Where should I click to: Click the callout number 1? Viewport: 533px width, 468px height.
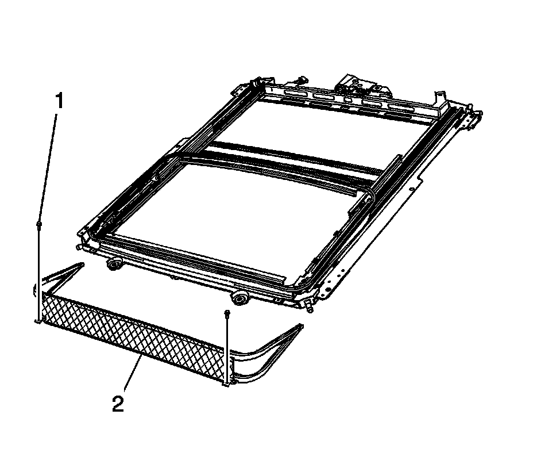(60, 101)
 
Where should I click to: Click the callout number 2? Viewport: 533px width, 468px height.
(118, 404)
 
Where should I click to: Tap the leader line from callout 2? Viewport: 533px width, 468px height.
(133, 373)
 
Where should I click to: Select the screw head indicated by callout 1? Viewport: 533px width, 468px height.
(38, 224)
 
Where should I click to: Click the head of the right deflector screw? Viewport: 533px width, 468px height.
(226, 312)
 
